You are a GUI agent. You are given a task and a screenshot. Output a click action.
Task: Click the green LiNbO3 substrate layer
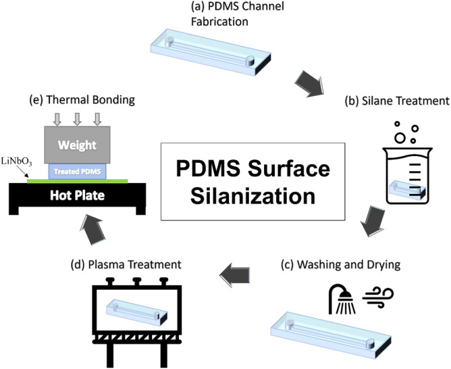41,180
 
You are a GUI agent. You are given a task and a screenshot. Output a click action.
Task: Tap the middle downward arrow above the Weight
77,119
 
